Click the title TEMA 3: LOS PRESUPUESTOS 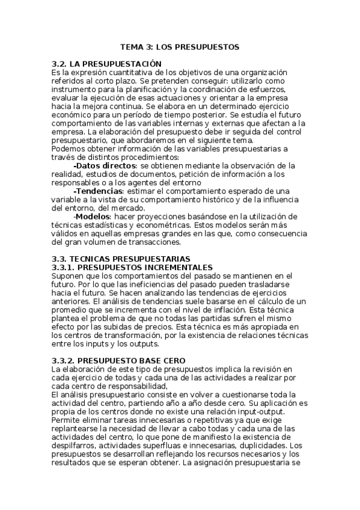tap(180, 46)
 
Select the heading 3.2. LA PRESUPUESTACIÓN tap(108, 63)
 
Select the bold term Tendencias tap(99, 191)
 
